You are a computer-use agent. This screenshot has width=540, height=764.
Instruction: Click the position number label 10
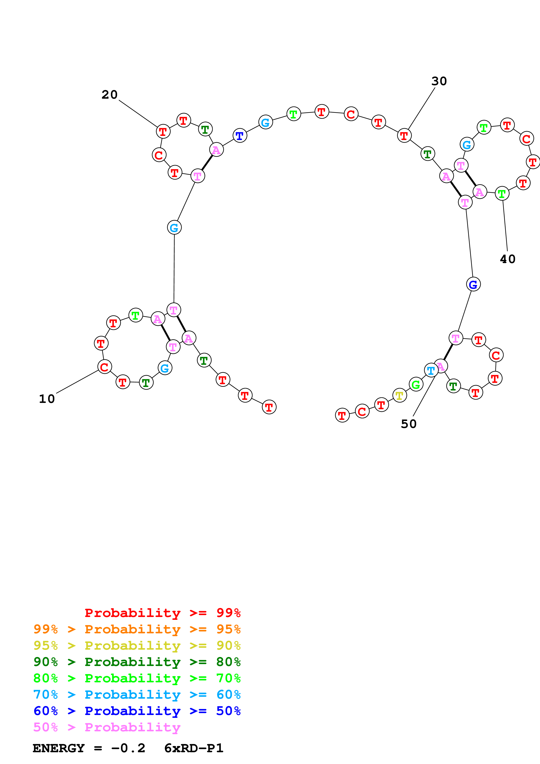(x=47, y=399)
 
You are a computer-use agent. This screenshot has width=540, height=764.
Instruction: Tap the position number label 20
(x=110, y=95)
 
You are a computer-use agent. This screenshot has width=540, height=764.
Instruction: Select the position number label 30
(x=439, y=81)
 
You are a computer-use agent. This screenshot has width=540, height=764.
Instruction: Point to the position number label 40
(x=507, y=259)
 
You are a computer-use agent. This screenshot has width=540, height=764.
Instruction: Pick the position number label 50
(x=409, y=424)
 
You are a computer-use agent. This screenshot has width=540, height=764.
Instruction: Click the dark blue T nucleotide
(x=240, y=135)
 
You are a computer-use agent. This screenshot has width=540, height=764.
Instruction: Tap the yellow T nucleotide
(x=399, y=395)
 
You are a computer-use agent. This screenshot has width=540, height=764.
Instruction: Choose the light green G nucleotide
(x=416, y=385)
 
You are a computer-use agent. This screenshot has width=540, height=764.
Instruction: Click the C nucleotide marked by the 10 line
(x=105, y=367)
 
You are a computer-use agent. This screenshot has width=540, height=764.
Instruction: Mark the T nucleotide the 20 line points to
(x=163, y=132)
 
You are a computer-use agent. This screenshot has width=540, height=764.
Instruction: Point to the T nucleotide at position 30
(x=404, y=135)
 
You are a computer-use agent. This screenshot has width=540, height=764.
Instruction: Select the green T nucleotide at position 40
(x=502, y=193)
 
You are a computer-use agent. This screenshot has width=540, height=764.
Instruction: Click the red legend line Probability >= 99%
(x=162, y=613)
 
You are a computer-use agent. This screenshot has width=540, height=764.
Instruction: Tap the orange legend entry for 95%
(x=137, y=629)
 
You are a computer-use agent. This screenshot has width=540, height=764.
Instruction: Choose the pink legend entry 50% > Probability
(x=107, y=727)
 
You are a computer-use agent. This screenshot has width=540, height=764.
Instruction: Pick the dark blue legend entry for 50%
(x=137, y=711)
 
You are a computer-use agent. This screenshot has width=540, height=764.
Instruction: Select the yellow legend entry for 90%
(x=137, y=645)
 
